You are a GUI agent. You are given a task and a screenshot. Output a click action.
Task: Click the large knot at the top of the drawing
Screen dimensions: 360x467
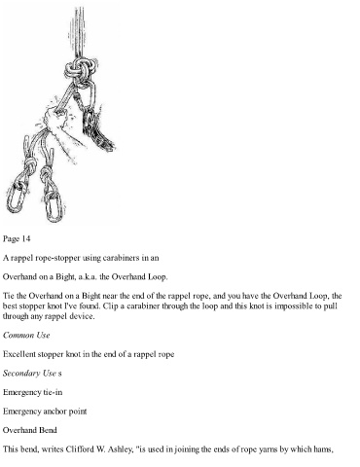[81, 69]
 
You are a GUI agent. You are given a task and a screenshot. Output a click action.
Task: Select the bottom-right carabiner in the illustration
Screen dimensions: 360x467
[54, 206]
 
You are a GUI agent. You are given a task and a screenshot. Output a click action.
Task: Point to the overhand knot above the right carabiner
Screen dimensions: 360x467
[47, 175]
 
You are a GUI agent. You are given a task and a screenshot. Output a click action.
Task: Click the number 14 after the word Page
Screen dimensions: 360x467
[26, 239]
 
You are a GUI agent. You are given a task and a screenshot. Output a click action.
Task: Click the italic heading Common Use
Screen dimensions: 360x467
[26, 335]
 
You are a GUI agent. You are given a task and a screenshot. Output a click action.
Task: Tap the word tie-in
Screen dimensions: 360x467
[53, 392]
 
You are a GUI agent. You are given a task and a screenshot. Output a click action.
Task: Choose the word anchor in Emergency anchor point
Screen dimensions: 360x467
[54, 412]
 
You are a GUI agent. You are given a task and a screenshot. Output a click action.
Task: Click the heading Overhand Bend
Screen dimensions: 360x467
[30, 430]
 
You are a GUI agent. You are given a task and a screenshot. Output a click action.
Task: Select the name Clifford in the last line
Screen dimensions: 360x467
[79, 449]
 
